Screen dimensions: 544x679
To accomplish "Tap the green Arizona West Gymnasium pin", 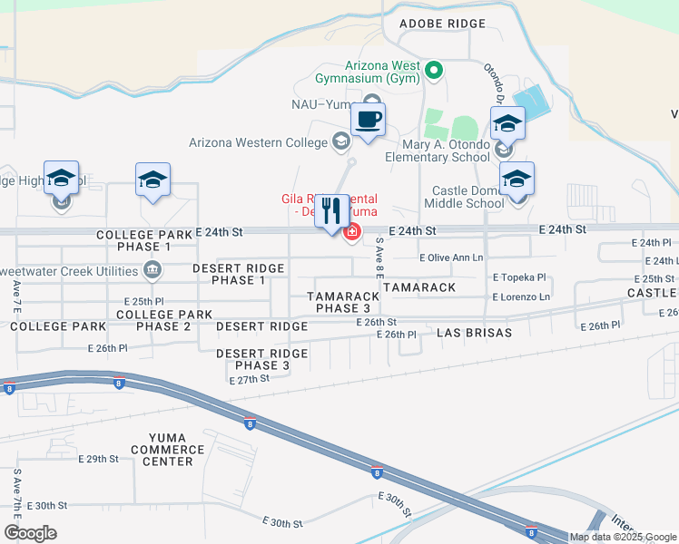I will click(434, 70).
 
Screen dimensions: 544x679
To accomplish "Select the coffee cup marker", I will click(368, 121).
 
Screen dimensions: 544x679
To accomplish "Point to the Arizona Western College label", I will click(258, 142).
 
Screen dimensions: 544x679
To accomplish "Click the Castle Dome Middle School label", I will click(467, 197).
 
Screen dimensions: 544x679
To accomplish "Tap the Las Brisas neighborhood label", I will click(474, 333).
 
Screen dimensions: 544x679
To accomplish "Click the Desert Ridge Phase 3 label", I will click(261, 359).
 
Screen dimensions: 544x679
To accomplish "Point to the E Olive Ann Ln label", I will click(451, 257).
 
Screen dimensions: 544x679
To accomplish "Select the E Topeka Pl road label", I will click(519, 277).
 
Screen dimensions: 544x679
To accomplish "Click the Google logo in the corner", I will click(31, 534).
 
